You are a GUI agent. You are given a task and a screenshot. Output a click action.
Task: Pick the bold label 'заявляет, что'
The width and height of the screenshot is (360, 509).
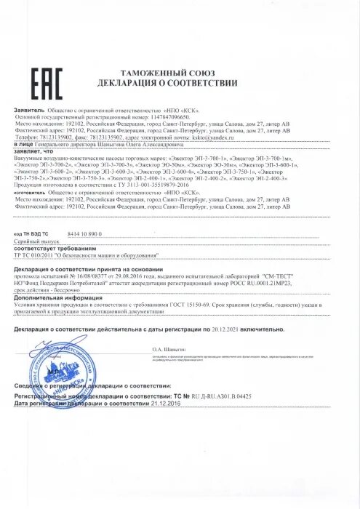point(34,151)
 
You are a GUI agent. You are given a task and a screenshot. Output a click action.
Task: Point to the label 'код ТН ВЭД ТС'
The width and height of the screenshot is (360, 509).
point(32,233)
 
